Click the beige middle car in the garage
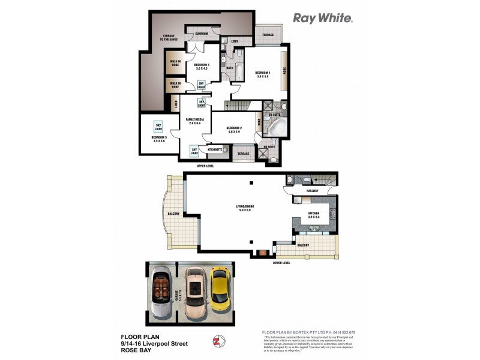coord(194,292)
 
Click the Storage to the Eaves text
coord(169,38)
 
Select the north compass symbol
coord(216,341)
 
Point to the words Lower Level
coord(282,263)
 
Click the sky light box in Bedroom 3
coord(158,126)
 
